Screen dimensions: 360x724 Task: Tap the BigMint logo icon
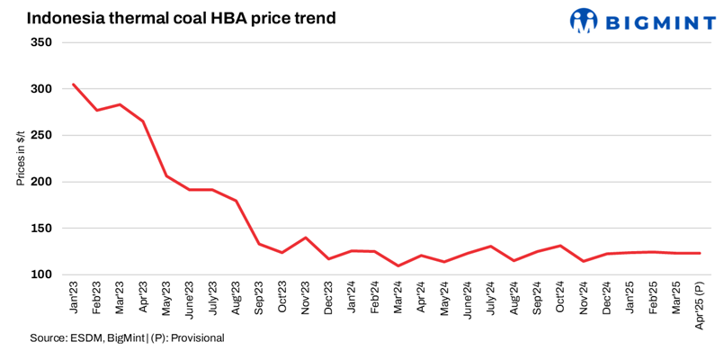click(x=584, y=19)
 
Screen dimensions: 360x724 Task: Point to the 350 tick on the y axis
click(x=41, y=42)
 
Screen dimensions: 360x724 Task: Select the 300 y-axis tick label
click(x=41, y=89)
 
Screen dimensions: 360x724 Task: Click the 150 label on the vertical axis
click(x=41, y=229)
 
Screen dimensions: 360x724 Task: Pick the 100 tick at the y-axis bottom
click(x=41, y=274)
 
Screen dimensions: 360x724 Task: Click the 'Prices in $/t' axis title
click(x=20, y=158)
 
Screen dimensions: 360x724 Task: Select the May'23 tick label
click(x=165, y=300)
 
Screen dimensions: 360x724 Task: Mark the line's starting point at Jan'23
click(x=73, y=85)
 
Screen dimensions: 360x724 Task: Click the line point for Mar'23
click(x=120, y=104)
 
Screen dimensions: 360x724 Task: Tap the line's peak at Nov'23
click(x=306, y=238)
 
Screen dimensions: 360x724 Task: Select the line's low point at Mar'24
click(x=398, y=265)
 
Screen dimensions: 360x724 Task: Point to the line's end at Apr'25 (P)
click(x=700, y=253)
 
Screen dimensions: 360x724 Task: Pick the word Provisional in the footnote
click(x=195, y=337)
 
